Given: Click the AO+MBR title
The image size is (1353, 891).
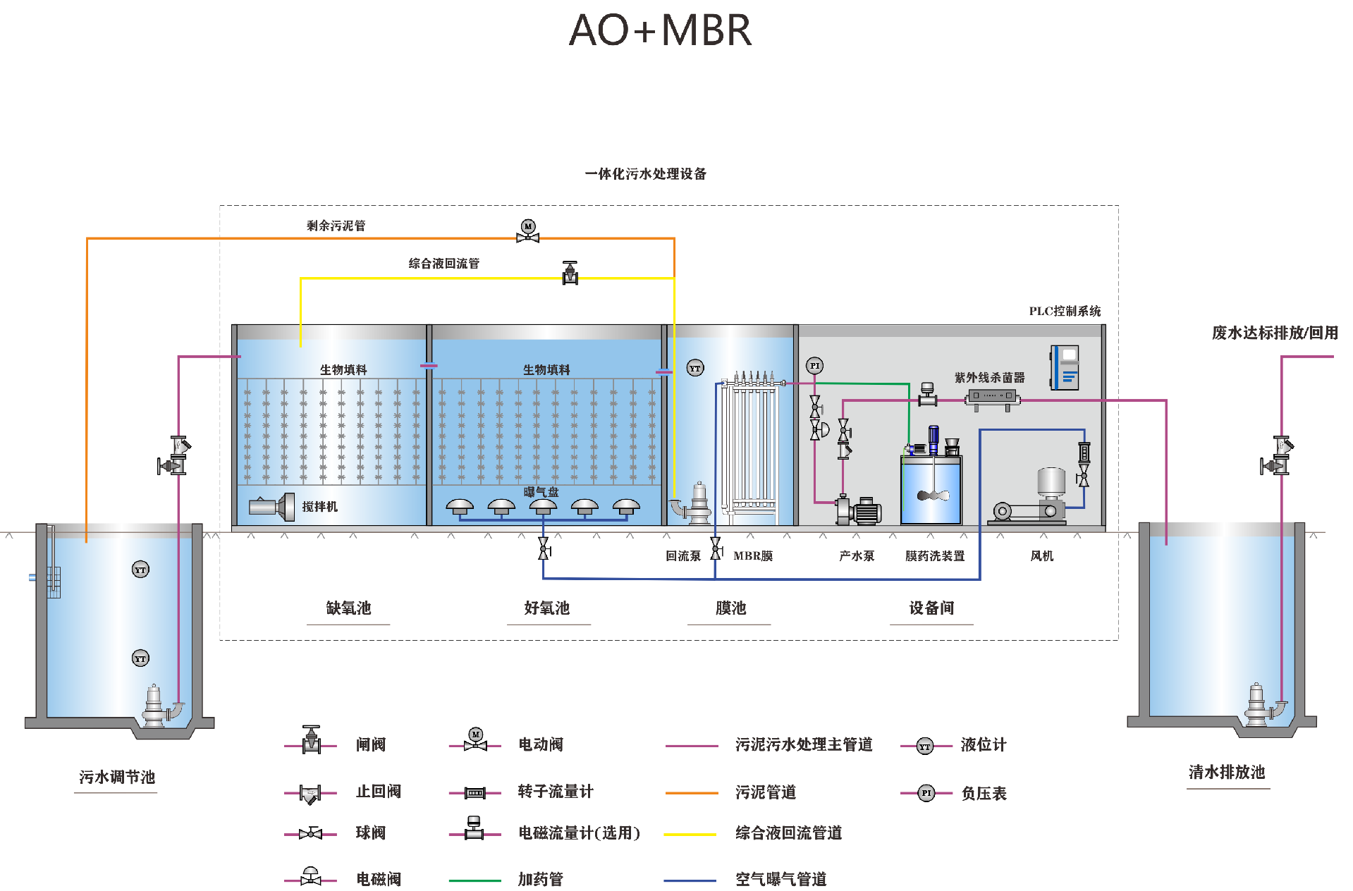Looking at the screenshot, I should point(660,30).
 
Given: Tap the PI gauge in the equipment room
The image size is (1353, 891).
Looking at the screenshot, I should point(814,365).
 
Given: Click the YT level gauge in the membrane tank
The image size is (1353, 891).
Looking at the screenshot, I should point(694,368).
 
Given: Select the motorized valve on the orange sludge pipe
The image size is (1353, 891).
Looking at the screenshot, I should point(527,232).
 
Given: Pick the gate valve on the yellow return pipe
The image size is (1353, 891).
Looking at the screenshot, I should point(570,273).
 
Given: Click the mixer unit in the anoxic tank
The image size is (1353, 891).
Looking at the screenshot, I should point(272,507).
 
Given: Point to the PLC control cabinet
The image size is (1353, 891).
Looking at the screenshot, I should point(1064,367).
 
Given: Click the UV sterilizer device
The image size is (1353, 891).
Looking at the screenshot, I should point(992,396).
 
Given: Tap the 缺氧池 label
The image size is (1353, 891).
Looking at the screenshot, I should point(348,608).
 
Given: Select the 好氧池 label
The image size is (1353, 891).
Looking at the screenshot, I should point(546,608).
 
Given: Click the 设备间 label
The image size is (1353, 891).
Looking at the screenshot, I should point(931,608).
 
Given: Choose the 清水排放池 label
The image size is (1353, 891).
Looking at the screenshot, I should point(1227,772).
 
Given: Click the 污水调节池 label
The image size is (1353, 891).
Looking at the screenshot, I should point(116,777).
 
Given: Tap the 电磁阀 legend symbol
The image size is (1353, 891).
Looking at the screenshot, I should point(310,876).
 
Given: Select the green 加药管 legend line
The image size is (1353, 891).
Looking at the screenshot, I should point(475,880).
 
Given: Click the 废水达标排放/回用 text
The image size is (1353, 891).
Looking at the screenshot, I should point(1274,333).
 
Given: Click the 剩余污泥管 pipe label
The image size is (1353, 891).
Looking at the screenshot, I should point(336,226).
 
